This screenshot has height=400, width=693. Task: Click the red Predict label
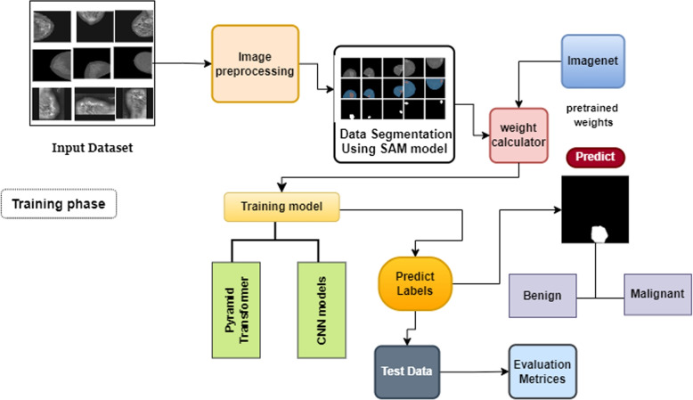(x=595, y=158)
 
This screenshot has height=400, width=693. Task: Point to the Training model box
(x=282, y=207)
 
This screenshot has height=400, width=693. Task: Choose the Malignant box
(x=657, y=294)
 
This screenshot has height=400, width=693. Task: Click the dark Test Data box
(x=406, y=371)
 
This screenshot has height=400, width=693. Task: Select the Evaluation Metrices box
(x=541, y=371)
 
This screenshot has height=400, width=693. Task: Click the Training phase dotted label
(x=59, y=204)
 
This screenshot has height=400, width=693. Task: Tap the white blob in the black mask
(x=598, y=233)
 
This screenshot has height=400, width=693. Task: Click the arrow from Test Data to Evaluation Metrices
(x=472, y=371)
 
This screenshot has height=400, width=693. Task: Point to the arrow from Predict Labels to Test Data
(x=407, y=328)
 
